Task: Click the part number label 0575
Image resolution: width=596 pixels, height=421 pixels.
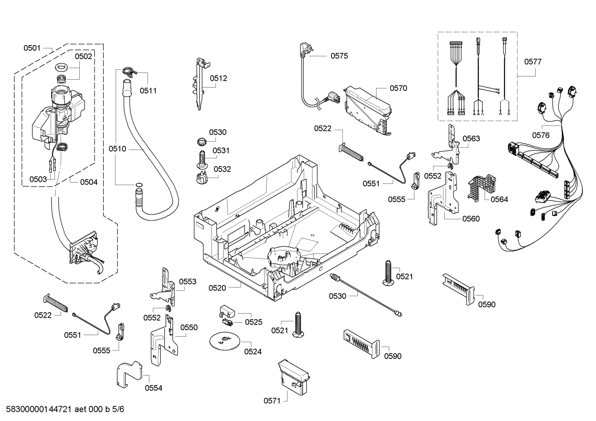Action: (339, 56)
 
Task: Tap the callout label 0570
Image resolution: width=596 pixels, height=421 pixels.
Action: (398, 88)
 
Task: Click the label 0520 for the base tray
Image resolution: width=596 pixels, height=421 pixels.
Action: (217, 288)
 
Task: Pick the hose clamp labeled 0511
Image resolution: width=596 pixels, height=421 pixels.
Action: (129, 72)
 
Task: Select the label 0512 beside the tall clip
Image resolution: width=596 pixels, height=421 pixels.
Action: (218, 78)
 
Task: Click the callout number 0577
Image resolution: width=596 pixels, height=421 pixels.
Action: (533, 62)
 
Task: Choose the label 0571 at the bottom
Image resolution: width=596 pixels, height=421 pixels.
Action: (272, 400)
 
